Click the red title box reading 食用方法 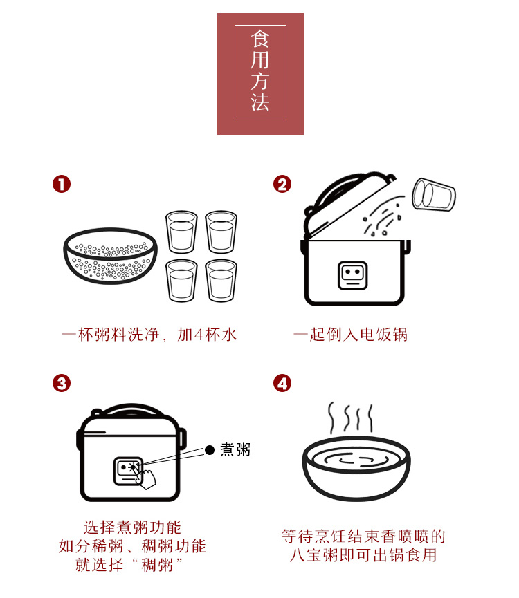pyautogui.click(x=260, y=73)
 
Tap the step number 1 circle pyautogui.click(x=62, y=184)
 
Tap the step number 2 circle pyautogui.click(x=282, y=184)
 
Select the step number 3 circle pyautogui.click(x=62, y=383)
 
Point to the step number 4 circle pyautogui.click(x=282, y=383)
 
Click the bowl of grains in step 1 pyautogui.click(x=110, y=256)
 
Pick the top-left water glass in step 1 pyautogui.click(x=181, y=232)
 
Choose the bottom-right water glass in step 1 pyautogui.click(x=221, y=281)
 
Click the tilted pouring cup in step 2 pyautogui.click(x=433, y=194)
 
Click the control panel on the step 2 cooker pyautogui.click(x=353, y=275)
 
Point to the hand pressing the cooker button pyautogui.click(x=146, y=478)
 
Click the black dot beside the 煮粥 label pyautogui.click(x=210, y=450)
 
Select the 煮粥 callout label pyautogui.click(x=235, y=449)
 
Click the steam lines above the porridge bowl pyautogui.click(x=350, y=418)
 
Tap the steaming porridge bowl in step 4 pyautogui.click(x=356, y=467)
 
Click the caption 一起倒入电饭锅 pyautogui.click(x=350, y=335)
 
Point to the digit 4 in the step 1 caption pyautogui.click(x=199, y=335)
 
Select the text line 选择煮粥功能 pyautogui.click(x=132, y=527)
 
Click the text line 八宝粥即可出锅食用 pyautogui.click(x=363, y=555)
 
